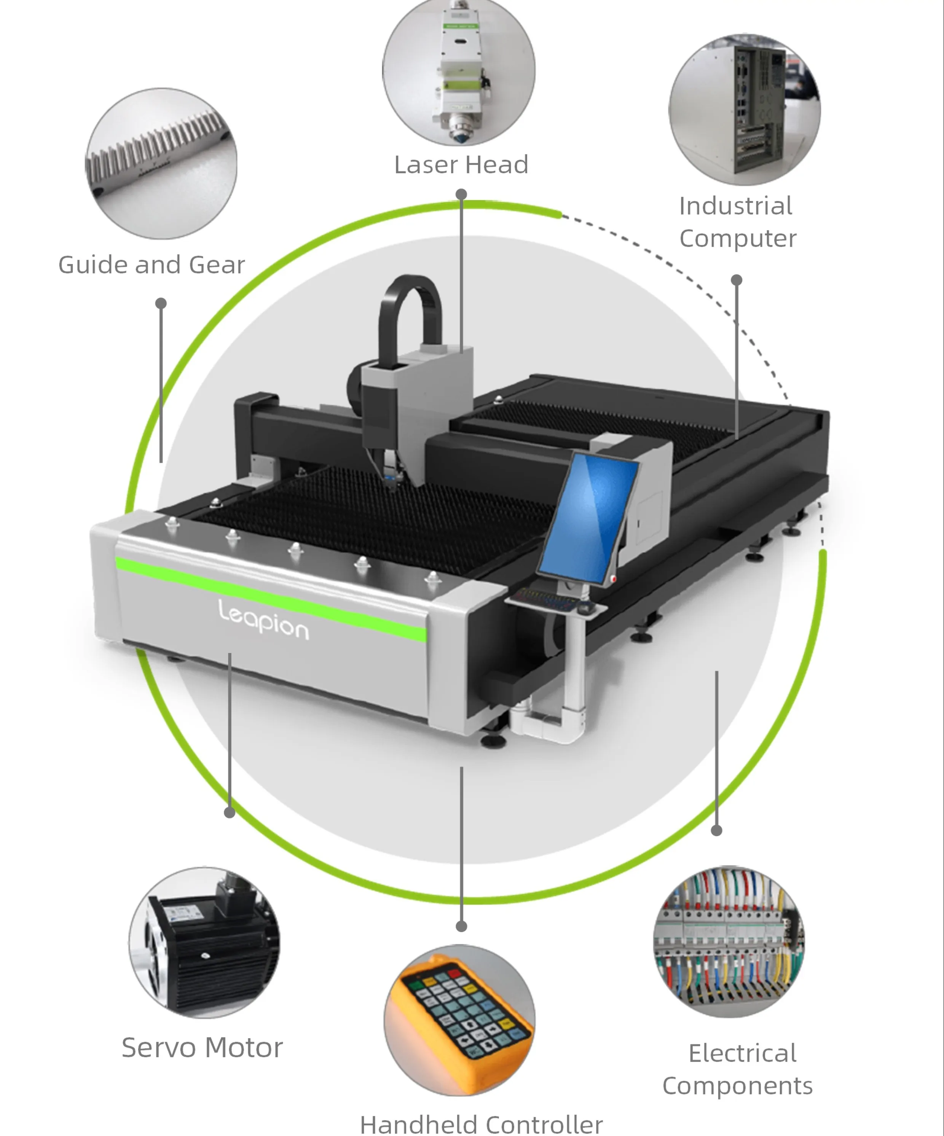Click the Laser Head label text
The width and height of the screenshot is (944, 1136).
461,164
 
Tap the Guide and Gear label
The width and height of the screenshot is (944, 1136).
151,264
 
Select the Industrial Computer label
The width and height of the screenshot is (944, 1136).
737,222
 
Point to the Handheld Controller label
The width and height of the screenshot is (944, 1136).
481,1124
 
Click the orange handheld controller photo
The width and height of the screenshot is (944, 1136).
460,1020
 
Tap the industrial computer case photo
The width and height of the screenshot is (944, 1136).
745,110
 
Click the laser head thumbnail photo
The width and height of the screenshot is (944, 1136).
459,72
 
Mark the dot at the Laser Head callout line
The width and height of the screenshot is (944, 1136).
461,194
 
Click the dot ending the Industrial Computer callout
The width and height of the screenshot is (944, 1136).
736,280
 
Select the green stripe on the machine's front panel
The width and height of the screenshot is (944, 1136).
271,598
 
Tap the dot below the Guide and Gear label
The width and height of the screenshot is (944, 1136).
161,303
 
